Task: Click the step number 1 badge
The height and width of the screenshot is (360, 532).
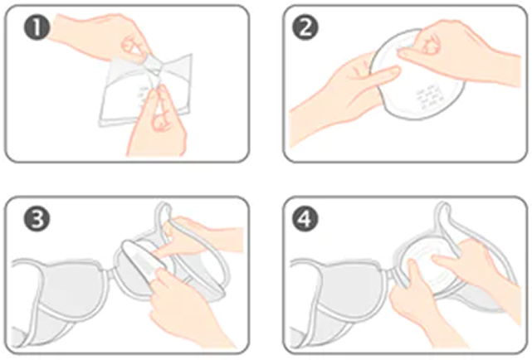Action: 37,27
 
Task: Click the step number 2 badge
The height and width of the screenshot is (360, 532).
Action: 305,27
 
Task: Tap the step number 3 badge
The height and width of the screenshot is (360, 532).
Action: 37,219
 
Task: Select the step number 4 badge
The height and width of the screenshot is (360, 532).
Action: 305,219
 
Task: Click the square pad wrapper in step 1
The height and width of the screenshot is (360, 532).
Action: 146,90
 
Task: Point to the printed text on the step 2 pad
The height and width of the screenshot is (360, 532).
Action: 430,98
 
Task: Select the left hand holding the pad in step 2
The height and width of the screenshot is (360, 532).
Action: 343,99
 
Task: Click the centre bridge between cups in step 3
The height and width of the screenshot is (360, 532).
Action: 110,270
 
